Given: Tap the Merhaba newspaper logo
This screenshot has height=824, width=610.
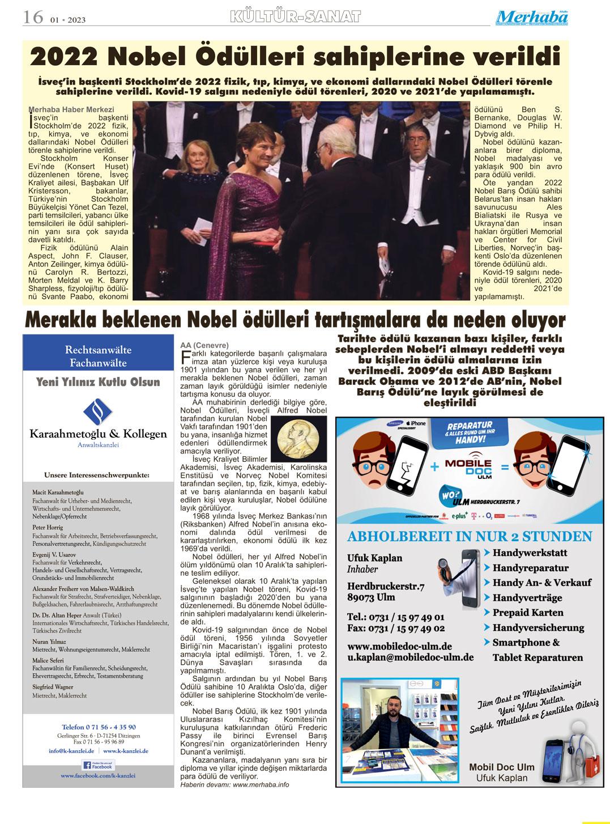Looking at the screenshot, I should (x=532, y=18).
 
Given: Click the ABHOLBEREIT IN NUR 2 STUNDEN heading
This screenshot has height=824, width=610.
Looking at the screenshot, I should (x=470, y=536).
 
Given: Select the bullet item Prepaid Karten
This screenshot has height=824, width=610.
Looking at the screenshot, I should (x=528, y=613).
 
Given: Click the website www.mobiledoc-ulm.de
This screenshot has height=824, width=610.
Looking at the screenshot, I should (x=399, y=646).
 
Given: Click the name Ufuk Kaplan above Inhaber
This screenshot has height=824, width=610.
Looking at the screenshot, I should (x=374, y=558).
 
